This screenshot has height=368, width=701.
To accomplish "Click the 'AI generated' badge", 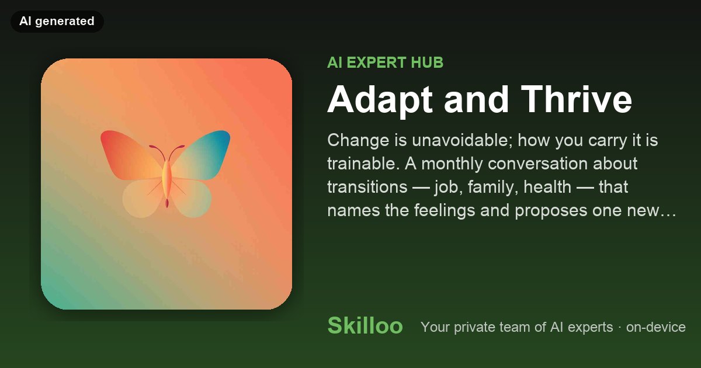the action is click(57, 21).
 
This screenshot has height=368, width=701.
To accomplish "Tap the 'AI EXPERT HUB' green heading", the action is click(385, 63).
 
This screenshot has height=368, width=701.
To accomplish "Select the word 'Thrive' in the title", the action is click(577, 99).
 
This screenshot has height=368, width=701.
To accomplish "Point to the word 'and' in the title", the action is click(476, 99).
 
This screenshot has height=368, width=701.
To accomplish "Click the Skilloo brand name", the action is click(365, 326).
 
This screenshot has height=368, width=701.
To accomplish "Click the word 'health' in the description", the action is click(547, 187).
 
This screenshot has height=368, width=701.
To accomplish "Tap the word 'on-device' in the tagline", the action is click(655, 327).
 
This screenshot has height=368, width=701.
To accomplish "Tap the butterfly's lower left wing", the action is click(143, 198).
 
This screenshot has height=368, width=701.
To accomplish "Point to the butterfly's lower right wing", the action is click(192, 198).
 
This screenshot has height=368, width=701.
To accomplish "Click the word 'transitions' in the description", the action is click(367, 187).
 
